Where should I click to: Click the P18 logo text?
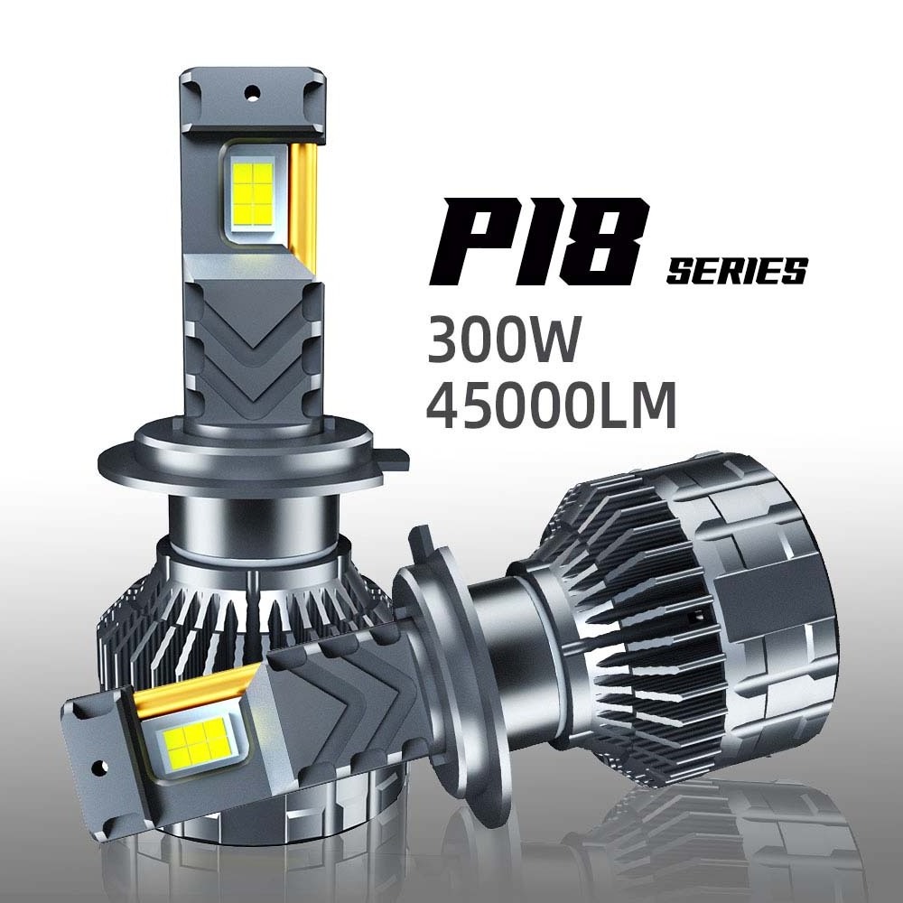click(x=540, y=242)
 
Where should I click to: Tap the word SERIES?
click(x=737, y=271)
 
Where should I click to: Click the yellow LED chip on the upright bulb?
click(x=254, y=194)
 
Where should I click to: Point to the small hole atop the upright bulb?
click(x=252, y=93)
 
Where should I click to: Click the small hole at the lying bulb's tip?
click(x=99, y=767)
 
